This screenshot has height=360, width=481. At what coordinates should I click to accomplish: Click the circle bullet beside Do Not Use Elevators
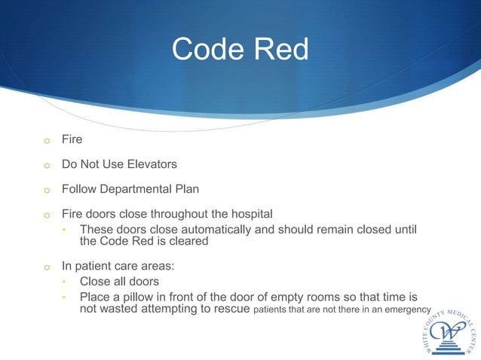[x=46, y=163]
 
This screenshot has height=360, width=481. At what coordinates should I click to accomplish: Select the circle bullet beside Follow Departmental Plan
[x=46, y=189]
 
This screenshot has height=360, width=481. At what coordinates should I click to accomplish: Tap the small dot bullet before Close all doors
[x=65, y=282]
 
